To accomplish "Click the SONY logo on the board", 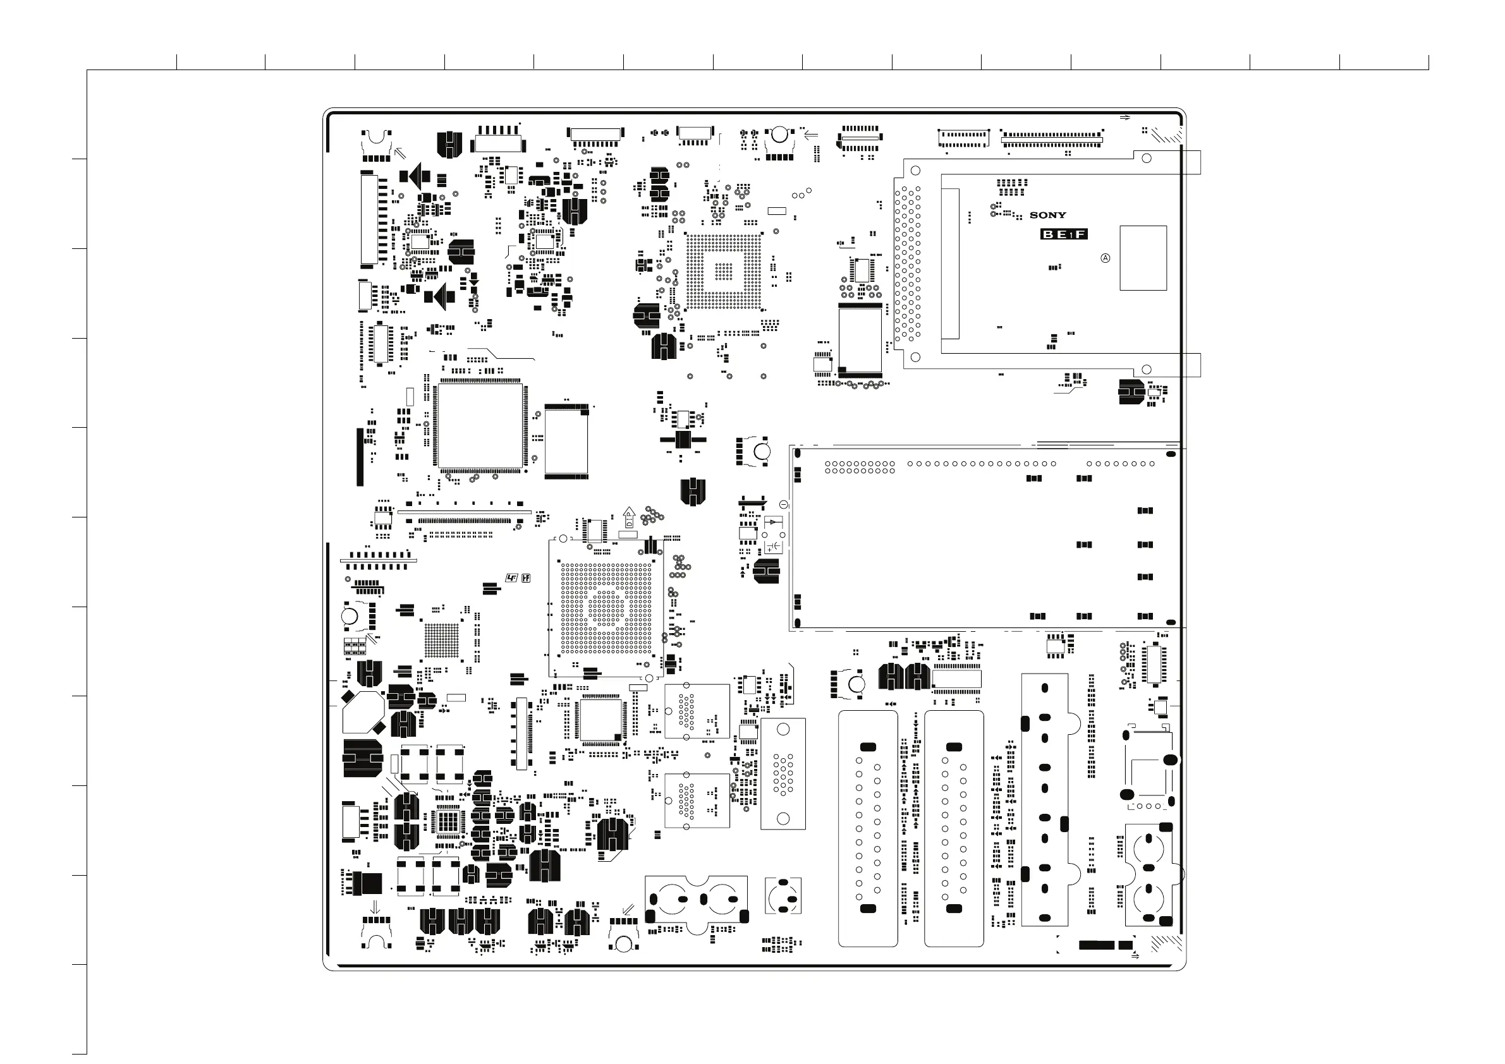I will click(1047, 215).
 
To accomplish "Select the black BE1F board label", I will click(1064, 234).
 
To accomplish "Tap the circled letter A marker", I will click(1105, 258).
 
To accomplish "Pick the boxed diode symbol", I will click(774, 522).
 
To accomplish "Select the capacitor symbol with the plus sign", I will click(774, 547).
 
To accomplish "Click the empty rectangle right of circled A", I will click(1143, 258).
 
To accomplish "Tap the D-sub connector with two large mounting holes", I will click(783, 774).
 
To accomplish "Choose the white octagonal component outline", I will click(363, 712).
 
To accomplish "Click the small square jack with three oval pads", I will click(783, 896).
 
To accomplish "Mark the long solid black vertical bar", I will click(360, 457).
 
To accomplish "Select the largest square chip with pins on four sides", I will click(480, 426).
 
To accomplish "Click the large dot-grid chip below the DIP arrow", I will click(606, 608).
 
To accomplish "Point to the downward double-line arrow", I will click(375, 907).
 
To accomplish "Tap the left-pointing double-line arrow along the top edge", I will click(811, 136).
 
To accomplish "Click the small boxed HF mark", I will click(526, 578).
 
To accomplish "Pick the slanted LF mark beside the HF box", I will click(512, 578).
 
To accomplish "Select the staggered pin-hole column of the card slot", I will click(907, 262).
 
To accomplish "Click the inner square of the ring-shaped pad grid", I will click(724, 270).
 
